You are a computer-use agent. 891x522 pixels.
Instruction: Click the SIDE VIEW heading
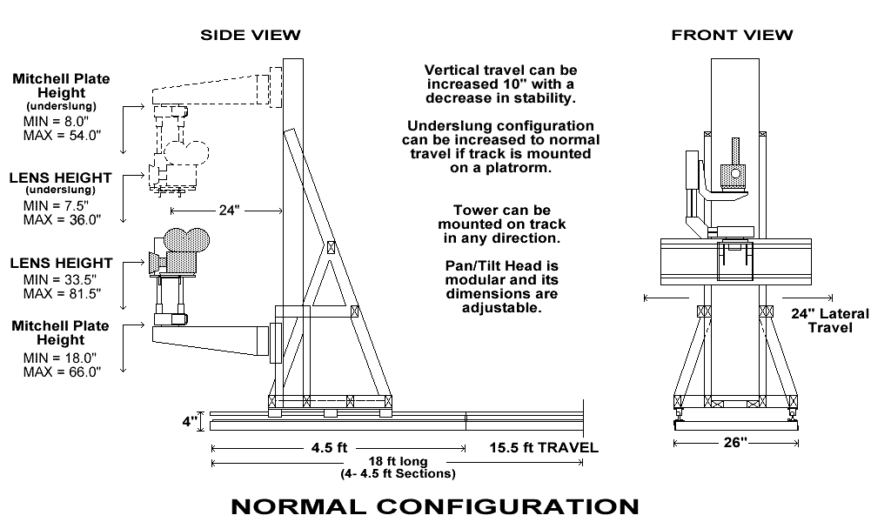251,35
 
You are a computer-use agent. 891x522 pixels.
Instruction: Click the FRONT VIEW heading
732,35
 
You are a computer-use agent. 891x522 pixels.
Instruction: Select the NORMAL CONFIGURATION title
434,505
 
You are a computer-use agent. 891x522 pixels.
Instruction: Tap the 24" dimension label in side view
227,210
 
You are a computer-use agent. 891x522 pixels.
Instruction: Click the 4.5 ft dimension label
330,448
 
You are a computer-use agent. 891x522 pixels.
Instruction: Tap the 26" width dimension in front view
735,443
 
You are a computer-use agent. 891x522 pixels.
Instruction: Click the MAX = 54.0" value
61,136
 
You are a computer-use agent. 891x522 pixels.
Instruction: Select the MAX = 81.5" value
61,295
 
